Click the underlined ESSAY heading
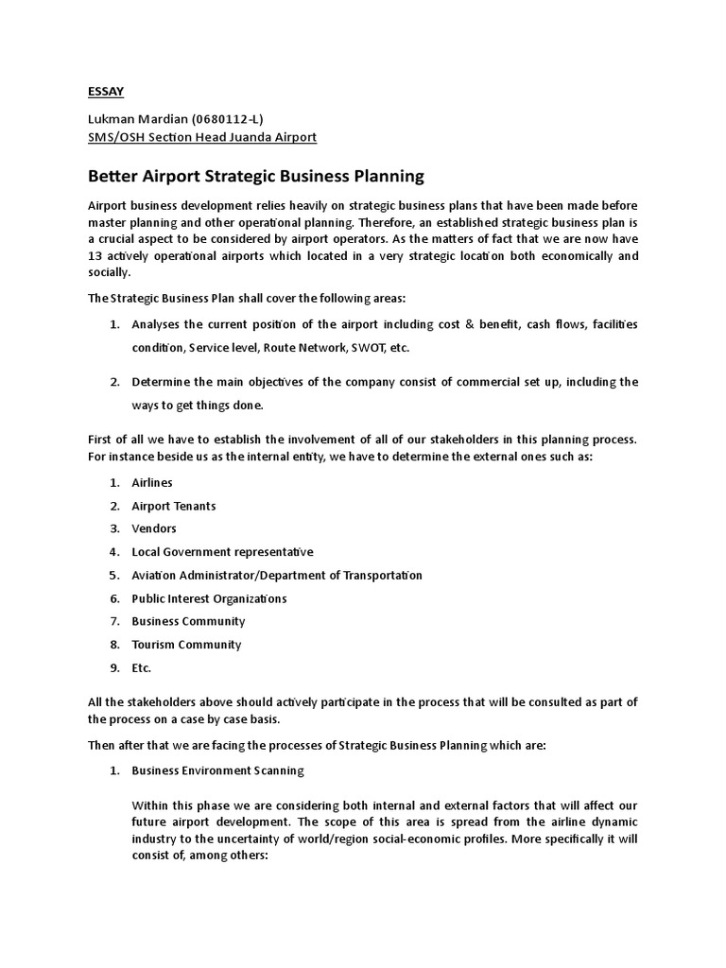pyautogui.click(x=106, y=92)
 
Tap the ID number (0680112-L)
pyautogui.click(x=227, y=119)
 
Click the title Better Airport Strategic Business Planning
pyautogui.click(x=256, y=176)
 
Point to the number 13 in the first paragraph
pyautogui.click(x=95, y=256)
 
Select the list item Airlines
pyautogui.click(x=152, y=482)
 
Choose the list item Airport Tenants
pyautogui.click(x=174, y=506)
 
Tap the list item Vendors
pyautogui.click(x=154, y=528)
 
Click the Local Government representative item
pyautogui.click(x=222, y=552)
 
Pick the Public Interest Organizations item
pyautogui.click(x=209, y=598)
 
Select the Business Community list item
pyautogui.click(x=188, y=621)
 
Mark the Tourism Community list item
pyautogui.click(x=186, y=645)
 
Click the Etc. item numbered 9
pyautogui.click(x=141, y=667)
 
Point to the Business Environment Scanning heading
pyautogui.click(x=217, y=770)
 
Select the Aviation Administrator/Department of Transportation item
pyautogui.click(x=277, y=575)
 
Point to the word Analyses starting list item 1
pyautogui.click(x=158, y=324)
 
